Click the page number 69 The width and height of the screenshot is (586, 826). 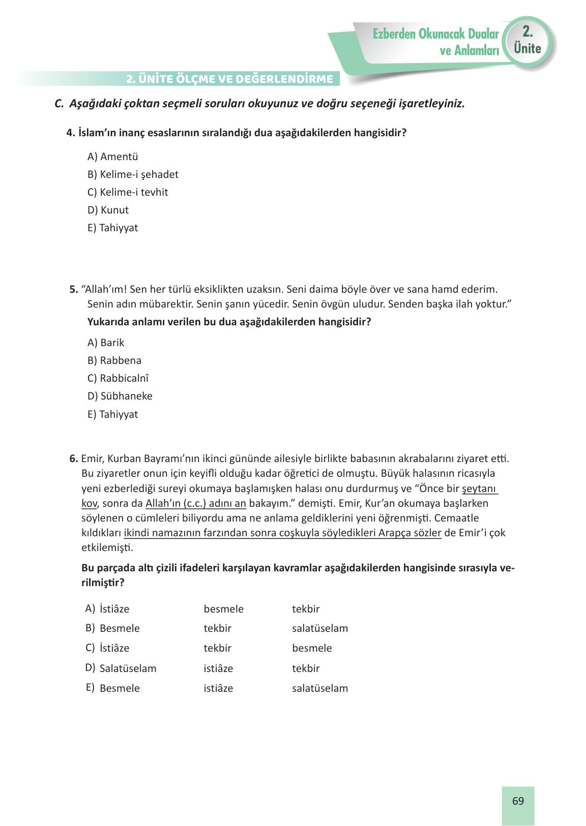click(518, 801)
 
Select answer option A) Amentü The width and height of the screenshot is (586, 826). click(112, 157)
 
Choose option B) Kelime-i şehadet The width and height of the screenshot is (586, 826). click(133, 174)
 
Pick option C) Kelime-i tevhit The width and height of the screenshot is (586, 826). click(128, 192)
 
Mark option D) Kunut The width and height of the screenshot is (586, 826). click(108, 210)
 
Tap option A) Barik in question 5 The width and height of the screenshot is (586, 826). click(106, 343)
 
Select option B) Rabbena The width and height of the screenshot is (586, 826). click(114, 360)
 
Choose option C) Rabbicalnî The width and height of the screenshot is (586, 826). click(118, 378)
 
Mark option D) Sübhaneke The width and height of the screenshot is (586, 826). click(120, 396)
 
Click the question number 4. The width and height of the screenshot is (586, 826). click(70, 133)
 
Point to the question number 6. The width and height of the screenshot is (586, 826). click(73, 458)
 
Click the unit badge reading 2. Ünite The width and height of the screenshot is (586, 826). click(527, 41)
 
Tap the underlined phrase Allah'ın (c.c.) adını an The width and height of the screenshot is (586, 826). click(196, 503)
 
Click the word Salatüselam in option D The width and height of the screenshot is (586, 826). click(128, 668)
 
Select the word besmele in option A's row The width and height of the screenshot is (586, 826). click(223, 609)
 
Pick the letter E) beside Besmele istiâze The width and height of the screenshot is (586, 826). click(90, 688)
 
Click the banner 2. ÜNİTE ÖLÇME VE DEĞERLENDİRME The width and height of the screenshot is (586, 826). click(230, 79)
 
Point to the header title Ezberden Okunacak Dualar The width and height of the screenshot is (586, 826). click(435, 34)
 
